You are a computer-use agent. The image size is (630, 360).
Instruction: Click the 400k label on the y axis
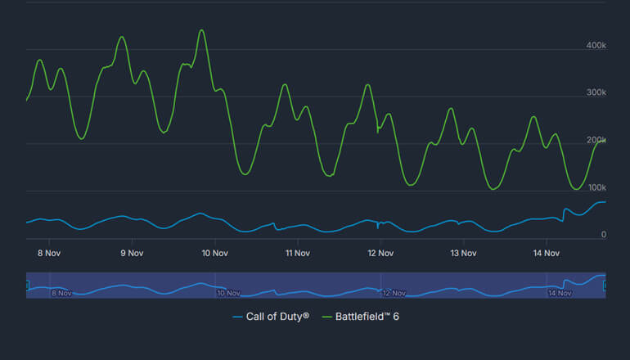pos(596,46)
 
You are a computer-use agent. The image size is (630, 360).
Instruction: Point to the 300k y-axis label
pos(596,93)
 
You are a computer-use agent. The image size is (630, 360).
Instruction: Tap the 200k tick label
pos(596,141)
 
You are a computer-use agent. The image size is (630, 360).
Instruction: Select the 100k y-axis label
pos(596,188)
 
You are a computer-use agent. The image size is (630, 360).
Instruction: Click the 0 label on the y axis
pos(603,235)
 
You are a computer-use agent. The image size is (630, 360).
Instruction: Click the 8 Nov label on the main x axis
pos(48,253)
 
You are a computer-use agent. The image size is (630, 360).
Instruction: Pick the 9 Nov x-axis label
pos(132,253)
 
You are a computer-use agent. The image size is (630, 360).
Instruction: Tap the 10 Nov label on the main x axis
pos(214,253)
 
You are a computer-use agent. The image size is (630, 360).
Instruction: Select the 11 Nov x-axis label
pos(297,253)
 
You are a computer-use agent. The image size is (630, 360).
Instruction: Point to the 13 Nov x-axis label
pos(463,253)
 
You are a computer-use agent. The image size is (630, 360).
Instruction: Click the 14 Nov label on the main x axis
pos(546,253)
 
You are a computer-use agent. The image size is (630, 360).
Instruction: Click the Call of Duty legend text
pos(277,316)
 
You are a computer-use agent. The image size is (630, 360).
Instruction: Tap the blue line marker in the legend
pos(237,316)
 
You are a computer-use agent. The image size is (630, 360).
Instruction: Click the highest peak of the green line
pos(201,31)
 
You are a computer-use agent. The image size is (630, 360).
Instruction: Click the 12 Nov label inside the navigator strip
pos(394,292)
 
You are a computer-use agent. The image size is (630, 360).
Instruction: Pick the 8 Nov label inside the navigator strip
pos(61,292)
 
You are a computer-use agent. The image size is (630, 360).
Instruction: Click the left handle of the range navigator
pos(27,285)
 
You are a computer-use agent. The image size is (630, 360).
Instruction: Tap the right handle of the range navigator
pos(605,285)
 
